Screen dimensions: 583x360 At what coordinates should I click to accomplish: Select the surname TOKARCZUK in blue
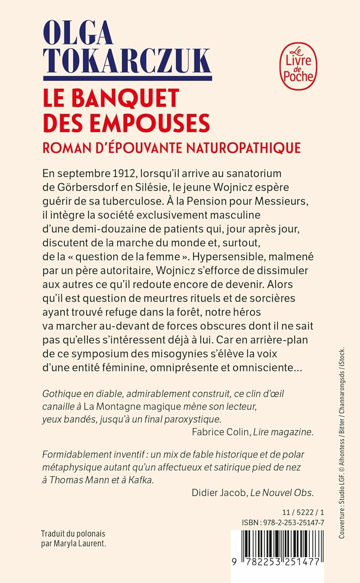[127, 61]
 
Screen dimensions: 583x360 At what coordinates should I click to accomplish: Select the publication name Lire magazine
[283, 432]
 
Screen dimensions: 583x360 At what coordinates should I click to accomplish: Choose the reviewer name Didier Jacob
[219, 493]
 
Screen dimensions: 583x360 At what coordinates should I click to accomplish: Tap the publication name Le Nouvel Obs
[282, 493]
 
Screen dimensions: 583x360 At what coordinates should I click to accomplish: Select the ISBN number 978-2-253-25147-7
[294, 523]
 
